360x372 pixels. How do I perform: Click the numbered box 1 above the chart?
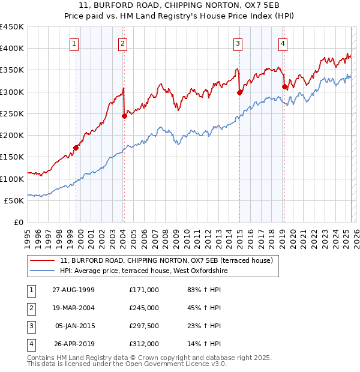tap(74, 43)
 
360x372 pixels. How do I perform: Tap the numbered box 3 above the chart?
tap(238, 43)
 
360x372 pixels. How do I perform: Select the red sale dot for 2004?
tap(124, 116)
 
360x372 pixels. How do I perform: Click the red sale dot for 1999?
tap(76, 148)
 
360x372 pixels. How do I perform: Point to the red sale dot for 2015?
tap(239, 92)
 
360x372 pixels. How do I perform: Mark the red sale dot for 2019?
tap(284, 86)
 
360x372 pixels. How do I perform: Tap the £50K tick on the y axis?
tap(14, 200)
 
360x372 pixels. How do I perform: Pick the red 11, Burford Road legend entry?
tap(166, 260)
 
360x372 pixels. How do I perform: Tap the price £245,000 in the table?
tap(144, 308)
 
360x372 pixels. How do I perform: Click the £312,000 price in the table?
tap(144, 344)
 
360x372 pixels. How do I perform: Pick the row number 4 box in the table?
tap(30, 344)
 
